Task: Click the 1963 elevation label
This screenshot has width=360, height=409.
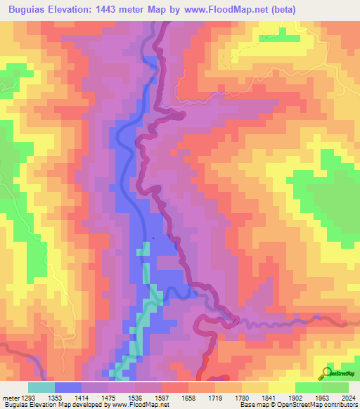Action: coord(324,398)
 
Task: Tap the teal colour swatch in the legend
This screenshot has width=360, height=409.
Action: coord(41,387)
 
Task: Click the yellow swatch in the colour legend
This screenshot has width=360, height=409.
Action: coord(281,387)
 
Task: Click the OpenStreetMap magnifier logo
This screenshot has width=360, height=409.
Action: coord(326,372)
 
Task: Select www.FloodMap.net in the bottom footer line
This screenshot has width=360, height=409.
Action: coord(136,405)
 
